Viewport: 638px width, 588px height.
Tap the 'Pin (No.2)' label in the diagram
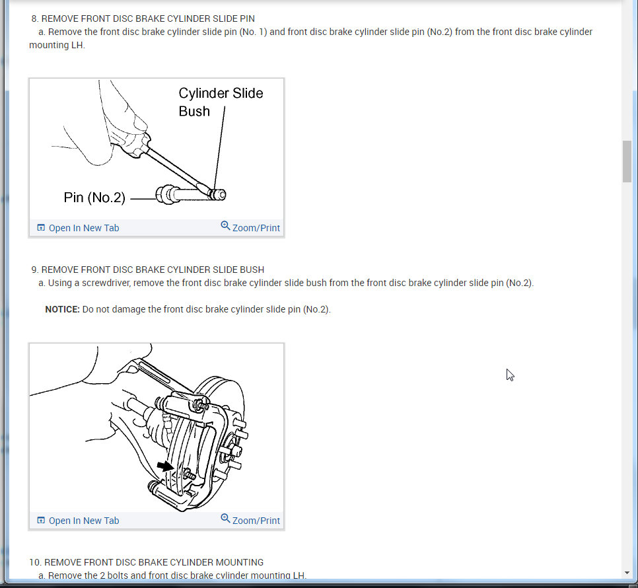(x=94, y=198)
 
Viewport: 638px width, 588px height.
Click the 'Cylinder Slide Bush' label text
(x=221, y=102)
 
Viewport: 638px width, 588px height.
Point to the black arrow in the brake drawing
(x=166, y=466)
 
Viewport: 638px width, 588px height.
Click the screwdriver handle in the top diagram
(x=131, y=139)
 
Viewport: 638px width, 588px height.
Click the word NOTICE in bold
(x=62, y=309)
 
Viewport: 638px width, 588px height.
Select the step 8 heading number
(x=34, y=18)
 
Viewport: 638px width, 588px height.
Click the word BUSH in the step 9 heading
(x=252, y=270)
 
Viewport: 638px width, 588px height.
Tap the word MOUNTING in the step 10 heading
(x=239, y=562)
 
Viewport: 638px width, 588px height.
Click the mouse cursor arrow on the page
(x=510, y=375)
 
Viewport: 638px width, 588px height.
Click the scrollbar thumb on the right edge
(x=627, y=162)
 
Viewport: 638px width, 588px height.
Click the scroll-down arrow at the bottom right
(x=627, y=573)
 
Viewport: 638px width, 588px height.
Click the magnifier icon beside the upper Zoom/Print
(x=225, y=225)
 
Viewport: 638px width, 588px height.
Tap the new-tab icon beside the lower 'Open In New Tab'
(x=41, y=520)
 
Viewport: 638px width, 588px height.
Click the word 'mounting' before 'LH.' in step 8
(x=49, y=45)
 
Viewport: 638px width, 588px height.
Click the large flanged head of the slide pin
(x=166, y=194)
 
